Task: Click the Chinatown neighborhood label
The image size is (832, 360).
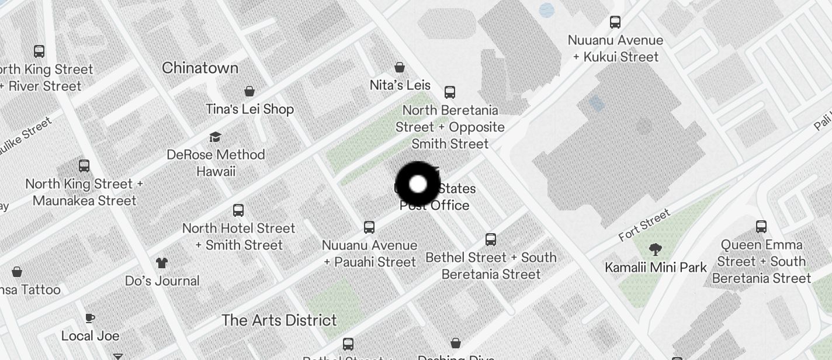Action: [x=200, y=68]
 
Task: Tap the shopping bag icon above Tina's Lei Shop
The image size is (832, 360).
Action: [x=249, y=91]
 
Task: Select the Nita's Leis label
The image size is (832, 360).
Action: [x=400, y=85]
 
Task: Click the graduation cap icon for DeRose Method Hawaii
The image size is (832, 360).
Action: [x=216, y=137]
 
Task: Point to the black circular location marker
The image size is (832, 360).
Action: [x=418, y=185]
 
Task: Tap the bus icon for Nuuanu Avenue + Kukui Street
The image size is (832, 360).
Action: [x=615, y=22]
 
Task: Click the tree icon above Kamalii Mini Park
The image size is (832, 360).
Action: [x=656, y=250]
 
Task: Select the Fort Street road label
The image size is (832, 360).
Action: [x=644, y=226]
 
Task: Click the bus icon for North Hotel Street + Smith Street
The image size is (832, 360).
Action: [x=238, y=210]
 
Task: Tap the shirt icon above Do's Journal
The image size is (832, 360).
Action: [x=162, y=263]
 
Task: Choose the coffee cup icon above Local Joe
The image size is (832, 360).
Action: [x=90, y=319]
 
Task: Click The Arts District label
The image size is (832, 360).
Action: [x=279, y=320]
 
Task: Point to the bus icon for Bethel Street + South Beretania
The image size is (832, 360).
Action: [x=491, y=240]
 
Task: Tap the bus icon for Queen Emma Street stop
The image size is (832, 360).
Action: [x=761, y=227]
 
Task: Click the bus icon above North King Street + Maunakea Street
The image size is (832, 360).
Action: [x=84, y=166]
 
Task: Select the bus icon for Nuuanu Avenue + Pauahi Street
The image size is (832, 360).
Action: [x=369, y=227]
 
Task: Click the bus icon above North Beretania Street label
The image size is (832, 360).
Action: [x=450, y=92]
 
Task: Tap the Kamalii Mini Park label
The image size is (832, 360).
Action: [x=656, y=268]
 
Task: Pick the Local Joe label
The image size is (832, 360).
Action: [x=90, y=336]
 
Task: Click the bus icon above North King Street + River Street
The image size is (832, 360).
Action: [x=39, y=51]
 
